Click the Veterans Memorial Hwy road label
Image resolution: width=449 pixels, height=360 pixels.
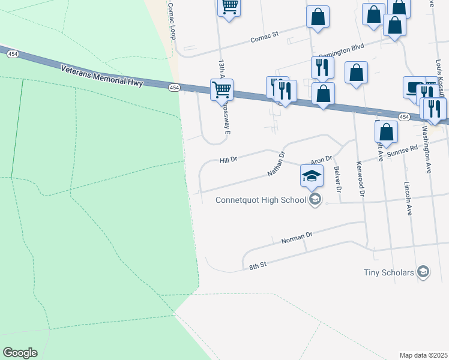(x=102, y=76)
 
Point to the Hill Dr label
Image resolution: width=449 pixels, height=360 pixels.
(x=229, y=160)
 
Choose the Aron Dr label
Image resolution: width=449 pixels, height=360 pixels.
(x=321, y=160)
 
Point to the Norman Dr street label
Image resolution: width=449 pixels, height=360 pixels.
(x=297, y=238)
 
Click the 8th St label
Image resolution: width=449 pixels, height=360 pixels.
(x=258, y=265)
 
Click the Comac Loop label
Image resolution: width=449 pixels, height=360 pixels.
(x=172, y=21)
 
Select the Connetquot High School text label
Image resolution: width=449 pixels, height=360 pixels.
(x=255, y=199)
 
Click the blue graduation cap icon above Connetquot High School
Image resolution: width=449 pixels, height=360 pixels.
(x=312, y=175)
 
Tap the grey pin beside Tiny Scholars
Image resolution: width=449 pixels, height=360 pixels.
(x=423, y=272)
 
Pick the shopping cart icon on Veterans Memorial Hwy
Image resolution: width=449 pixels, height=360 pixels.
(x=222, y=89)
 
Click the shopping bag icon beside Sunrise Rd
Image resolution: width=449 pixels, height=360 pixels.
(x=387, y=131)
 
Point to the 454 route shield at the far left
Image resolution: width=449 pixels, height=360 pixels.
(x=11, y=54)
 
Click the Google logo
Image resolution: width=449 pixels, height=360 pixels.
(x=20, y=353)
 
